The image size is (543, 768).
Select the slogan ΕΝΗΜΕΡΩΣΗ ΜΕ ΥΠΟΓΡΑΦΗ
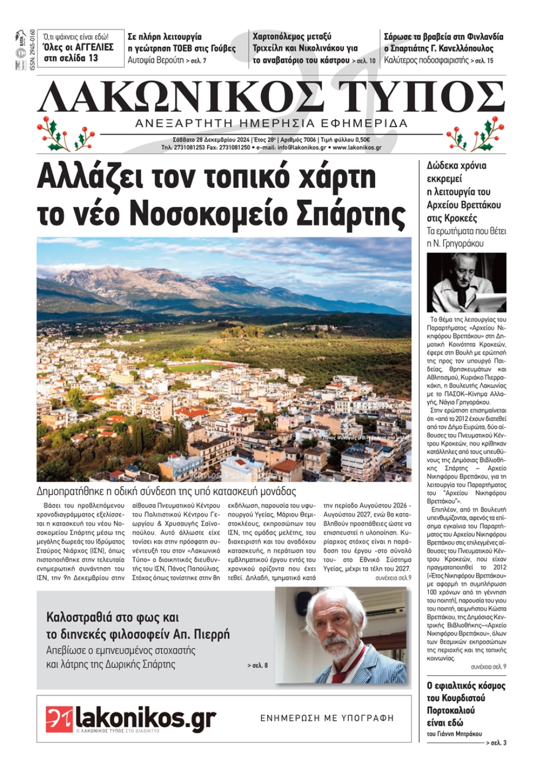327,718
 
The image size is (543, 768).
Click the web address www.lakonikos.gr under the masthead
357,148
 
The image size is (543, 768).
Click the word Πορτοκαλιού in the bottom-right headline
451,710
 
